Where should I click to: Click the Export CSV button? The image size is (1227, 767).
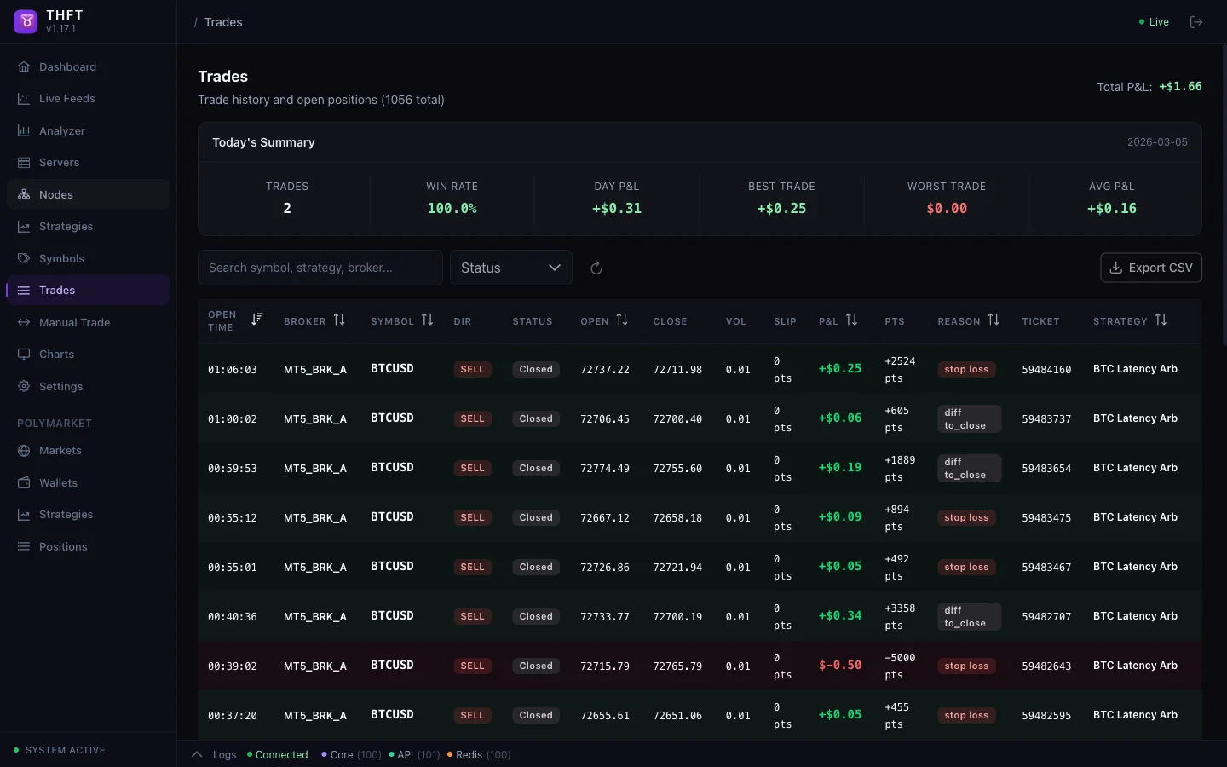1151,268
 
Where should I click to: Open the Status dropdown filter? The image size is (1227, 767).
510,268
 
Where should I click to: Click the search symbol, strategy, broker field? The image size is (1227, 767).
320,268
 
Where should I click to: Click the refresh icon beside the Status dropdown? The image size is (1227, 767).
596,268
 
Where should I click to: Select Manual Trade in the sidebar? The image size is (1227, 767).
74,322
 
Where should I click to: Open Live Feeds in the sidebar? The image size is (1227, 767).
66,99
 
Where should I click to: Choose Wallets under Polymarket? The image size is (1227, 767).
58,482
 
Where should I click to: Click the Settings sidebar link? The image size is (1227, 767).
60,386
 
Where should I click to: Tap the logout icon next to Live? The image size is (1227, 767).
1196,22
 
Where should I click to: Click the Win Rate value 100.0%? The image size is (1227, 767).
452,208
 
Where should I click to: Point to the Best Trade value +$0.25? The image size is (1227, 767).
781,208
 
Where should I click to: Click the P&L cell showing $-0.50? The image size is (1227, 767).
840,666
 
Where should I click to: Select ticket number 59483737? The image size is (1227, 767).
1046,419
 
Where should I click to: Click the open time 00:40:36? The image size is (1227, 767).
232,617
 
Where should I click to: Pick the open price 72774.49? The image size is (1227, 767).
605,469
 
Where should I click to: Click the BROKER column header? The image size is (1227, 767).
305,321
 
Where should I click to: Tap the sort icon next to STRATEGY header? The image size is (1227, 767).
1161,320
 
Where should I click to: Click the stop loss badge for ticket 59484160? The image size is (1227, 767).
966,370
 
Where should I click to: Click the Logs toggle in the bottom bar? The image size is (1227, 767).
224,755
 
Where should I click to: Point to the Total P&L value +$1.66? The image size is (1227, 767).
1180,87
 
